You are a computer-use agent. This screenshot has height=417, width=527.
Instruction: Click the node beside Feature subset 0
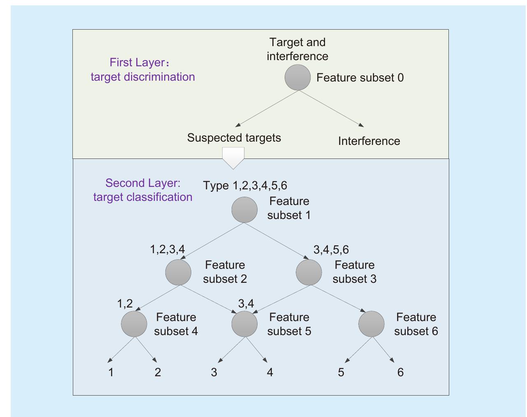(x=297, y=77)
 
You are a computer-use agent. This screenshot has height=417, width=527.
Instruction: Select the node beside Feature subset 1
(x=244, y=210)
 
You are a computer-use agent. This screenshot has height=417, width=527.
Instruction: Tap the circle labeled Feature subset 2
(x=178, y=272)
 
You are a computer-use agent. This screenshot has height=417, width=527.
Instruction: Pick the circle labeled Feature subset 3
(x=309, y=272)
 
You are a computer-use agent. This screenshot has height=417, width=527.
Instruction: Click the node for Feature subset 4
(x=134, y=324)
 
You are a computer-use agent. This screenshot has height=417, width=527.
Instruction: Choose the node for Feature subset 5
(x=244, y=324)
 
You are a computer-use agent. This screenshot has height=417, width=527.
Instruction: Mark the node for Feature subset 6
(x=371, y=324)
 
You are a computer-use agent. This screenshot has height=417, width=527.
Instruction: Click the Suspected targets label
(x=234, y=137)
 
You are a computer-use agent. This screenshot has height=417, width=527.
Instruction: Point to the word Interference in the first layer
(x=369, y=141)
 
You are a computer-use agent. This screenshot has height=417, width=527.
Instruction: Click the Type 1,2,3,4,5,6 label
(x=245, y=185)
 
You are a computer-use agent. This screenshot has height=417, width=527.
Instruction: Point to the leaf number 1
(x=111, y=373)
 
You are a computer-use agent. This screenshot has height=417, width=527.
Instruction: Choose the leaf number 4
(x=270, y=373)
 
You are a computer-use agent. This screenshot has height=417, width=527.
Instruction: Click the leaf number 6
(x=400, y=373)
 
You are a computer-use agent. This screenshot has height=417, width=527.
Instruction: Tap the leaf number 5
(x=341, y=373)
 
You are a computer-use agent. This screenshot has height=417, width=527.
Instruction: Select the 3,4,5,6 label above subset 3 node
(x=331, y=249)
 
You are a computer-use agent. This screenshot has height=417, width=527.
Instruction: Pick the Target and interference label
(x=297, y=49)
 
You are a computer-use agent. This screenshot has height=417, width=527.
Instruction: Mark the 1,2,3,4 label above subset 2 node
(x=167, y=249)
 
